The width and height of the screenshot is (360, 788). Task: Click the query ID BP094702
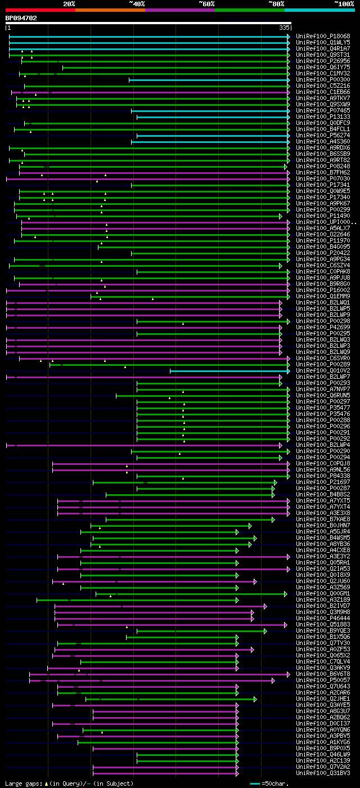[x=21, y=18]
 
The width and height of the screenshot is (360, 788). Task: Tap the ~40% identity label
[x=137, y=3]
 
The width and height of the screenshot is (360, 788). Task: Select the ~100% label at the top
[x=344, y=3]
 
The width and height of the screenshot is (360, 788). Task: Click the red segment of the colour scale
[x=40, y=10]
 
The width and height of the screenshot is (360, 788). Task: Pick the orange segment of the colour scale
[x=110, y=10]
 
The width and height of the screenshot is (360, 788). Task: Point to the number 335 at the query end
[x=284, y=28]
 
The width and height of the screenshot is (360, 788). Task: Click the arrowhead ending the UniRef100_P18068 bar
[x=289, y=37]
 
